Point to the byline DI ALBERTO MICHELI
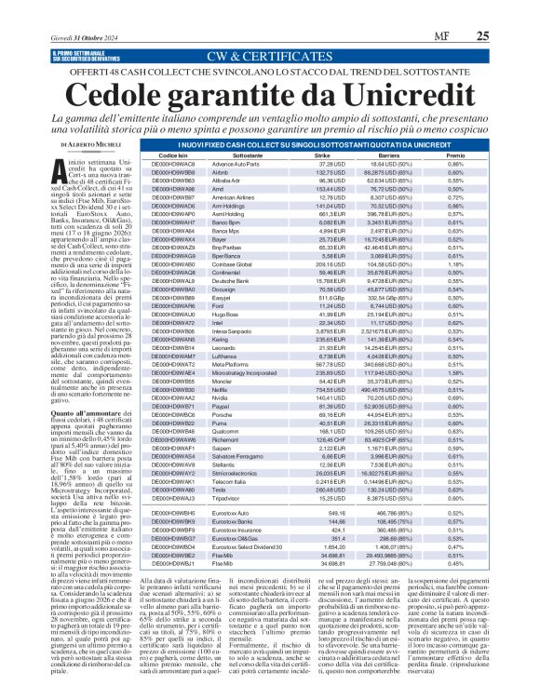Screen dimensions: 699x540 click(x=93, y=146)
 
